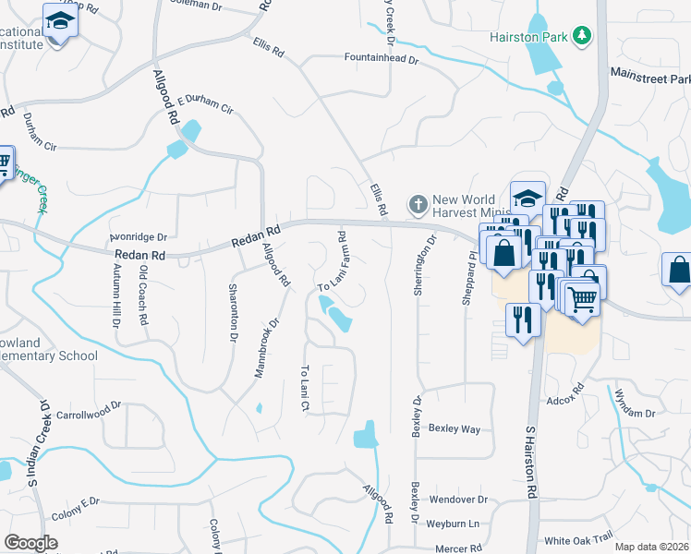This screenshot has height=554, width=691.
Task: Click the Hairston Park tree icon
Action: click(582, 35)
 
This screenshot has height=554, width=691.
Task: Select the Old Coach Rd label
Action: click(143, 295)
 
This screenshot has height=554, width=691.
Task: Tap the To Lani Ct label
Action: click(304, 387)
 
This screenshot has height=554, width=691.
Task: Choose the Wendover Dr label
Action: click(457, 500)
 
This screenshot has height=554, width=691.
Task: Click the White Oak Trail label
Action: click(578, 539)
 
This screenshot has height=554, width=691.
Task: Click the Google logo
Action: click(30, 543)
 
